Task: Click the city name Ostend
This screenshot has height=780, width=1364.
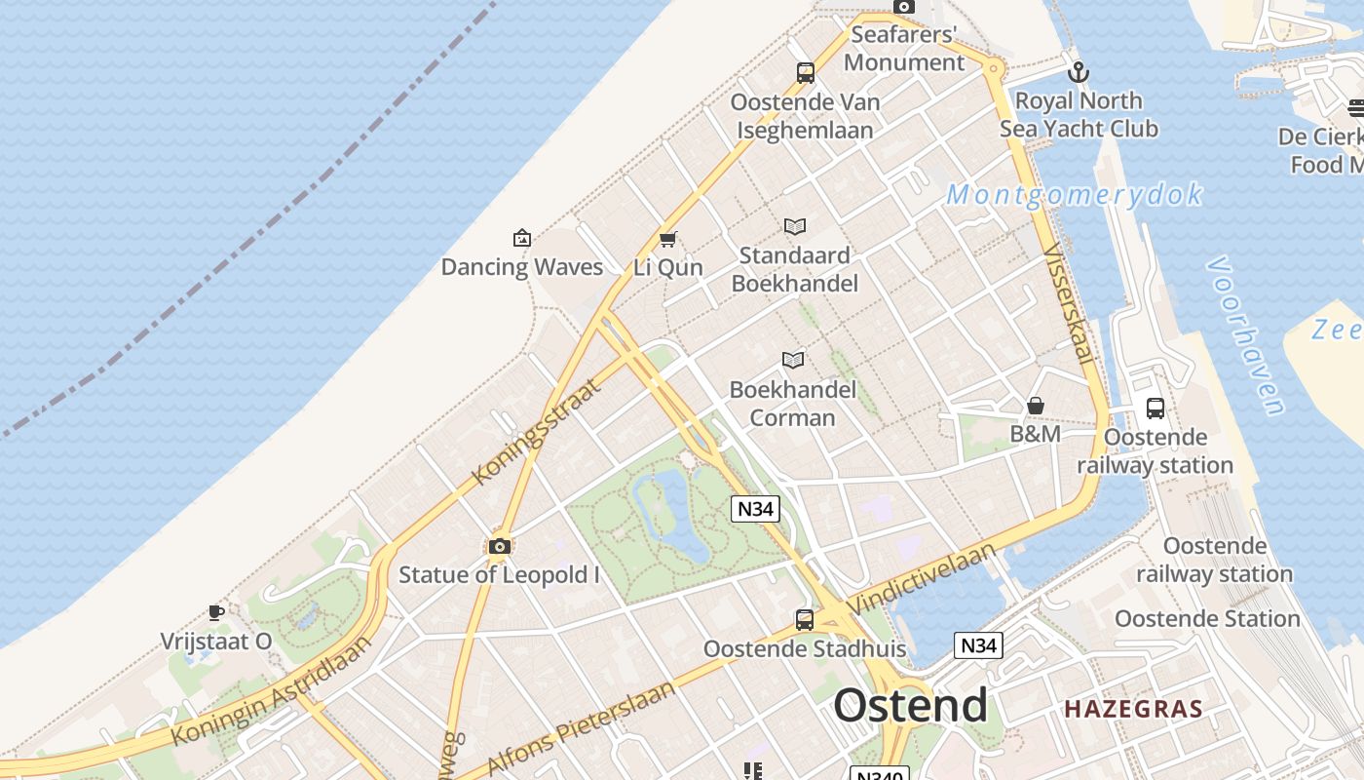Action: [x=910, y=705]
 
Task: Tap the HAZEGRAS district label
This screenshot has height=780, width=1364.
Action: [x=1133, y=709]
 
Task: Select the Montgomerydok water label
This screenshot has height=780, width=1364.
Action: [x=1075, y=195]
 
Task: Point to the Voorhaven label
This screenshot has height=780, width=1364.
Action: [x=1245, y=336]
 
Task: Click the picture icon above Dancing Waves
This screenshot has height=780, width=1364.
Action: [x=522, y=238]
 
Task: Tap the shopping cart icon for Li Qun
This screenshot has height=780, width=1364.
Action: [x=668, y=239]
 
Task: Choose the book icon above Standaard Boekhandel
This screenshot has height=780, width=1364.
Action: [x=795, y=227]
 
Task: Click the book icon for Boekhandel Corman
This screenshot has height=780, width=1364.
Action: [x=794, y=361]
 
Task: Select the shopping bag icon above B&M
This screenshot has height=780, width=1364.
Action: [x=1036, y=406]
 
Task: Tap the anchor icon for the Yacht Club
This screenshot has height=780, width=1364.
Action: [x=1079, y=72]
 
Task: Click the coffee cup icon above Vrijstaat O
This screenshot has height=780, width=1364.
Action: [x=216, y=612]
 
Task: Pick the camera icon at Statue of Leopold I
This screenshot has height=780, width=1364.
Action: [x=500, y=546]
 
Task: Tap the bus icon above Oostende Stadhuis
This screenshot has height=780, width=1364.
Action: [x=805, y=619]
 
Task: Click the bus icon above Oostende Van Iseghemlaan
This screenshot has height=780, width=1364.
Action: [x=806, y=72]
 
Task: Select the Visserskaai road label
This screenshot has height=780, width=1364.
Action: [x=1069, y=303]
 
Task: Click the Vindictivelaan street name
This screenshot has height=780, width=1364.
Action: [x=922, y=579]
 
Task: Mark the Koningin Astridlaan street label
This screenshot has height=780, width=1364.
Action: [x=272, y=691]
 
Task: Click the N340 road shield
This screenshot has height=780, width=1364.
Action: [x=879, y=774]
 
